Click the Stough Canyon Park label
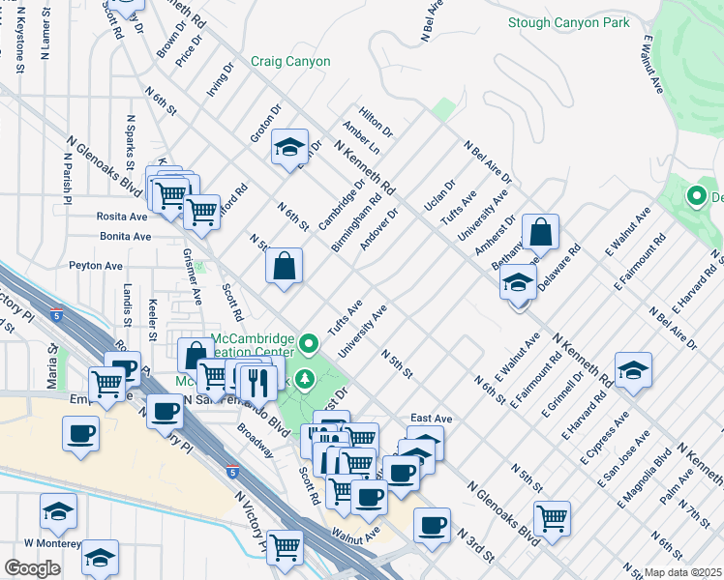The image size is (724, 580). pos(570,22)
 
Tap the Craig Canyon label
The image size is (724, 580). pos(291,61)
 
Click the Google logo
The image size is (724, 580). pos(32,567)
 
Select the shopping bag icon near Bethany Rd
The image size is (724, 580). pos(541,233)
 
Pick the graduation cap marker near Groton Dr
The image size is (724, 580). pos(289,148)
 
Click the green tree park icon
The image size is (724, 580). pos(307,379)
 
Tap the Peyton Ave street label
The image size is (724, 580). pos(95,265)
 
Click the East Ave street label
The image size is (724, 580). pos(431,419)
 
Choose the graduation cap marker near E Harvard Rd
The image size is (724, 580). pos(633,370)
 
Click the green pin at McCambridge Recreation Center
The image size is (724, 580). pos(309,343)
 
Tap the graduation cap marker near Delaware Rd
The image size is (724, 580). pos(518,284)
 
